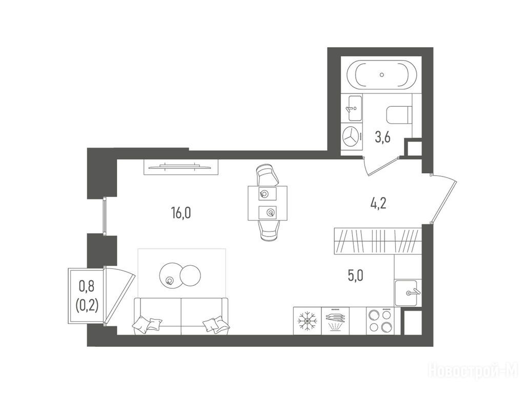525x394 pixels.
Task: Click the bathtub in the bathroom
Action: coord(381,75)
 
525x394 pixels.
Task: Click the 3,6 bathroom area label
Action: coord(382,137)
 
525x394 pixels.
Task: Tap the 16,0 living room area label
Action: coord(181,213)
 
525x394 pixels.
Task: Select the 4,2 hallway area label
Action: coord(378,203)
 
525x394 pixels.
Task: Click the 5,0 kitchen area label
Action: coord(355,275)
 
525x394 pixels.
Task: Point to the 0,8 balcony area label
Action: coord(87,287)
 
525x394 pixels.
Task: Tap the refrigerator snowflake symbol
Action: coord(307,321)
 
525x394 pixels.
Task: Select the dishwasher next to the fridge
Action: coord(335,321)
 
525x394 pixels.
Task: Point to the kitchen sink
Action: coord(406,293)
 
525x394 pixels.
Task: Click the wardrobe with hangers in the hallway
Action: coord(377,241)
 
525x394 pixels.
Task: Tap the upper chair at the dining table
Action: coord(268,175)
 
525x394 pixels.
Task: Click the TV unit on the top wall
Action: coord(181,167)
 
